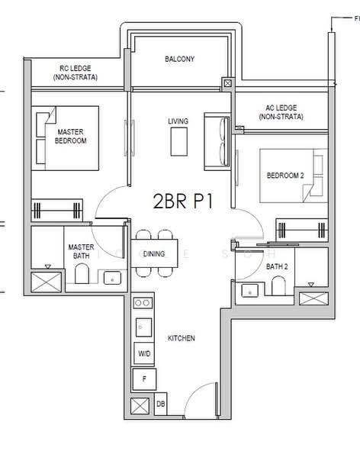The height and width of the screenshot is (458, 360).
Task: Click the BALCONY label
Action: (x=179, y=59)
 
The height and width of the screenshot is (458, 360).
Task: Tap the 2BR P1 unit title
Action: (x=183, y=202)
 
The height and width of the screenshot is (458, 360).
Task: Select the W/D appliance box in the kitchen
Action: (x=144, y=353)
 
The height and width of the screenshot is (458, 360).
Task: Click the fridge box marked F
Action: (x=144, y=379)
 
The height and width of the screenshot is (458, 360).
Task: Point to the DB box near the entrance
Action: (x=161, y=404)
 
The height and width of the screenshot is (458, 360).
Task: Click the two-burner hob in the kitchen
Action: (x=143, y=303)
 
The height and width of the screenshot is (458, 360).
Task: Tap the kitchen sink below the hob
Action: (x=143, y=327)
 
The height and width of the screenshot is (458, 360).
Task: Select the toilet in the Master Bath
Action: (x=82, y=273)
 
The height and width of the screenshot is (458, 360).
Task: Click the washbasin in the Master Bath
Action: (x=112, y=278)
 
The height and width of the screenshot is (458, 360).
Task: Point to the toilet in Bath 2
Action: (x=278, y=286)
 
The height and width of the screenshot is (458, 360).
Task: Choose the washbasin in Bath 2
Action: (x=249, y=291)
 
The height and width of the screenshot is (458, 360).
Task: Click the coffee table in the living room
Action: (x=179, y=142)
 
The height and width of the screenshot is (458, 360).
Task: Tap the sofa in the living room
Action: (x=217, y=142)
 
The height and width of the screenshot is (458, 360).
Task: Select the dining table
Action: (x=154, y=253)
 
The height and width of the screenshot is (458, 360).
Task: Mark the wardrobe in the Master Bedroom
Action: (x=57, y=209)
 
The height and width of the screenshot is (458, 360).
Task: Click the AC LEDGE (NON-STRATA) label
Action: (x=281, y=112)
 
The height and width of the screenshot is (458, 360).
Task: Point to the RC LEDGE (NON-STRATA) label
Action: (x=76, y=73)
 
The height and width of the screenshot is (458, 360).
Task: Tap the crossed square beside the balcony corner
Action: (x=228, y=83)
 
